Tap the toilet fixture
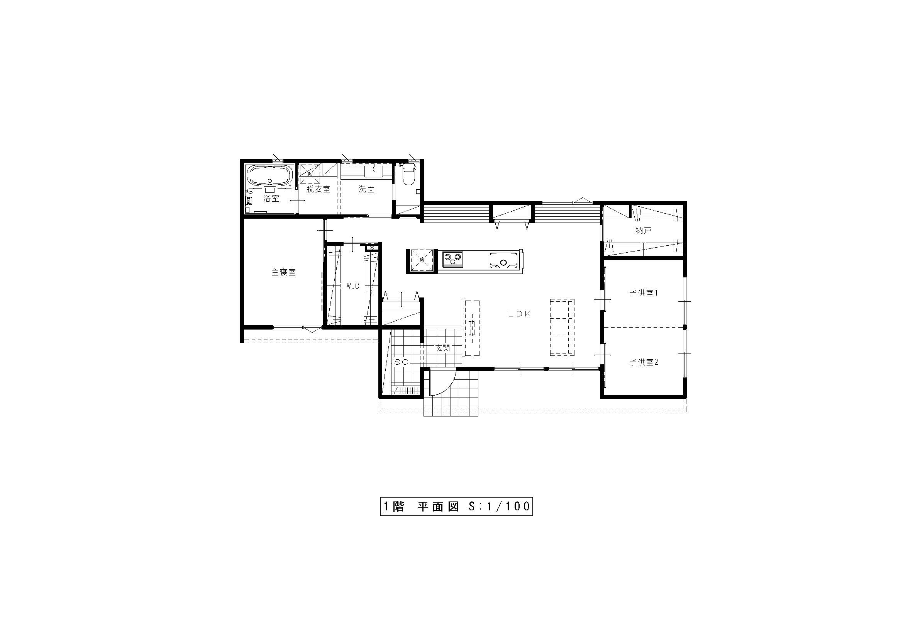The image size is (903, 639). point(408,175)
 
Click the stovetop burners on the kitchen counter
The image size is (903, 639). point(452,259)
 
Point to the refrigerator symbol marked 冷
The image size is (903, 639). point(422,260)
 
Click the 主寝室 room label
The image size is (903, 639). point(283,272)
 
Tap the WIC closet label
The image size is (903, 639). point(353,286)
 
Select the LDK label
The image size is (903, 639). point(519,314)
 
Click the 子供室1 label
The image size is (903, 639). point(644,293)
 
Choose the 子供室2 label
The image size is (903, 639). point(644,362)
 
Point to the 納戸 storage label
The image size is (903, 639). point(644,231)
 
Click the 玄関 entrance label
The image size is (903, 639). point(442,348)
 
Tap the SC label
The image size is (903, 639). point(401,362)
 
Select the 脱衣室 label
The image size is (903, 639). point(318,189)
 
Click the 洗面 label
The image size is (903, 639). point(366,189)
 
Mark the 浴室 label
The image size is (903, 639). point(271,199)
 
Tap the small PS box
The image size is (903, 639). point(371,248)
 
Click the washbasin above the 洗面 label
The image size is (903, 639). point(373,171)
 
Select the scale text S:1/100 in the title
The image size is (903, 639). point(499,506)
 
